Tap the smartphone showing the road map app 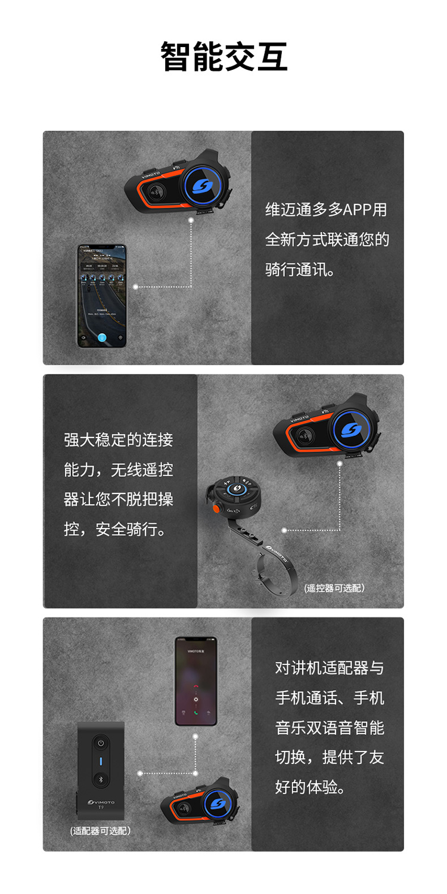[x=101, y=296]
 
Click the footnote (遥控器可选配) [x=334, y=588]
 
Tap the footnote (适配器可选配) [x=100, y=830]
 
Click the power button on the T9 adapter [x=101, y=743]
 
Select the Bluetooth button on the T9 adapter [x=101, y=779]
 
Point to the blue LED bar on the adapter [x=101, y=761]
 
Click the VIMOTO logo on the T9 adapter [x=101, y=802]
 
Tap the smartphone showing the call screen [x=195, y=681]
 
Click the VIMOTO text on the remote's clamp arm [x=277, y=554]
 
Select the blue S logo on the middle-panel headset [x=352, y=429]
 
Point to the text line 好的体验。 [x=311, y=787]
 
